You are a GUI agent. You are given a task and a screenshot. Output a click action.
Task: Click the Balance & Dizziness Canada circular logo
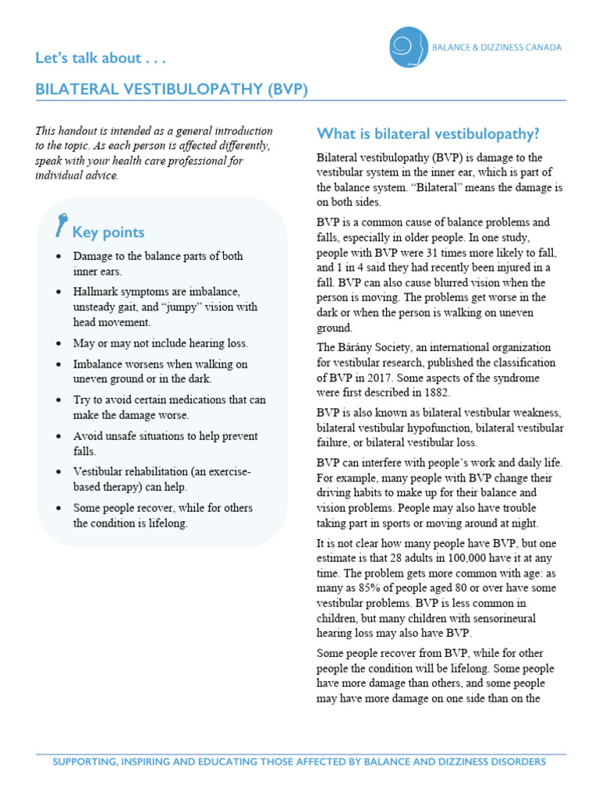point(409,47)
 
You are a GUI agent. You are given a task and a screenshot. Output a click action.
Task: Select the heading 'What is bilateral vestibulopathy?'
point(428,133)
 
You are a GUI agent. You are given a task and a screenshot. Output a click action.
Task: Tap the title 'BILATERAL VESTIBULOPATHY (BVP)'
point(172,90)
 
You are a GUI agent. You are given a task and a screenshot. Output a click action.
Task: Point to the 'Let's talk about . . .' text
point(101,58)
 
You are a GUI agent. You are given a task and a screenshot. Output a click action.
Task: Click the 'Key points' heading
point(108,232)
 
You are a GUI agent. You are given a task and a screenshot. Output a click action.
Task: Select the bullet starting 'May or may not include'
point(160,343)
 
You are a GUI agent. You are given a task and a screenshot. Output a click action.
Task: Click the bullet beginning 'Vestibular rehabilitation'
point(162,479)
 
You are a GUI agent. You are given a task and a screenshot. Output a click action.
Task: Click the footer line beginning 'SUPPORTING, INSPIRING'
point(299,761)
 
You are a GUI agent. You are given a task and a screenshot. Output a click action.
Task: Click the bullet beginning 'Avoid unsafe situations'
point(165,443)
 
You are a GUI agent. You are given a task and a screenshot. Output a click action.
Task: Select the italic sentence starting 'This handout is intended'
point(154,153)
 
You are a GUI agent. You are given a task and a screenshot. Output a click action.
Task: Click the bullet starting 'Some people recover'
point(162,515)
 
